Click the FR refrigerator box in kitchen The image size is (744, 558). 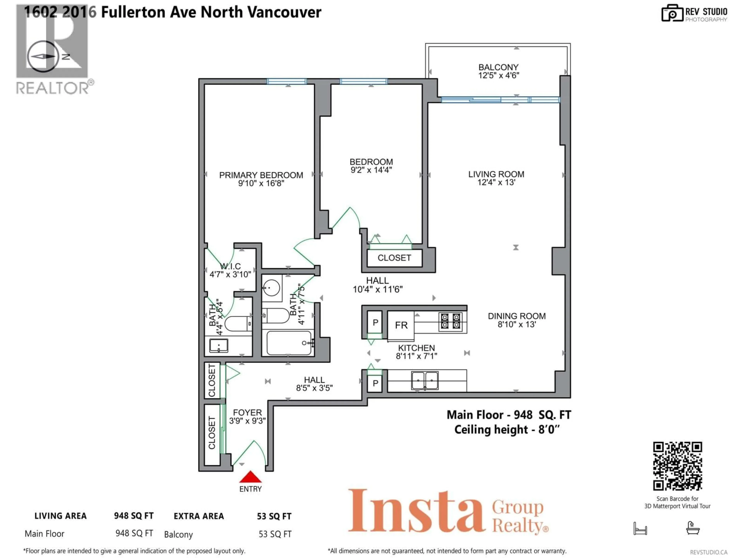click(401, 325)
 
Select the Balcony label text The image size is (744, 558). click(499, 67)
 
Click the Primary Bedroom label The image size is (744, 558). click(261, 175)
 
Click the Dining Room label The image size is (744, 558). click(517, 316)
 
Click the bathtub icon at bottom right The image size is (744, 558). click(693, 528)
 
